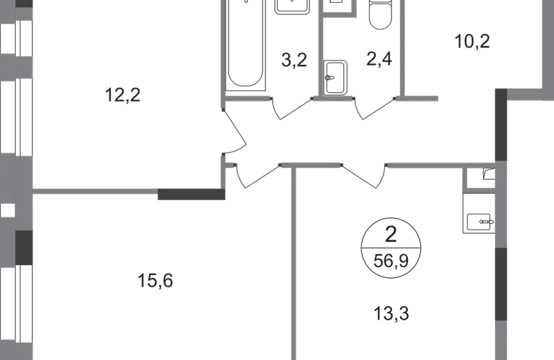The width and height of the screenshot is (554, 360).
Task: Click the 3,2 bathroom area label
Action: click(294, 60)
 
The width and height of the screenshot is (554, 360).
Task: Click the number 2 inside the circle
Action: click(393, 233)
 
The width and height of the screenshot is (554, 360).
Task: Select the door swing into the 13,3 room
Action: click(364, 175)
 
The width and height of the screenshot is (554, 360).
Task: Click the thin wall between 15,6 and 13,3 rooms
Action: click(294, 266)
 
